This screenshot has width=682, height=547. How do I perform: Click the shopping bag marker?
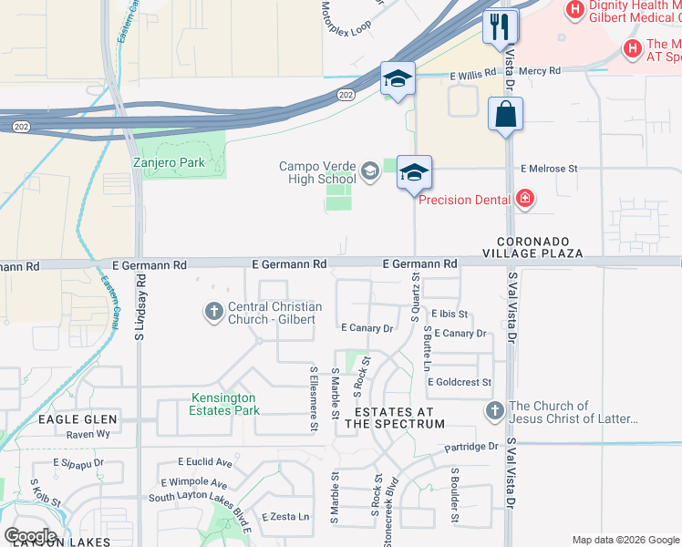(x=505, y=115)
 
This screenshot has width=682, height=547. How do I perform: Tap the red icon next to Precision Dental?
(x=524, y=197)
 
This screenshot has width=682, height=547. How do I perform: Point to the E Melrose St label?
(x=549, y=169)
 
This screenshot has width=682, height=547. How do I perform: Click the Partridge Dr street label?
(x=471, y=447)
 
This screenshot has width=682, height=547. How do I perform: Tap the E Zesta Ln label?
(x=285, y=516)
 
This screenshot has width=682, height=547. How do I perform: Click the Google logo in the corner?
(x=31, y=535)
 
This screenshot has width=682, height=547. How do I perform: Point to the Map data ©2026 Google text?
(x=625, y=540)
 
